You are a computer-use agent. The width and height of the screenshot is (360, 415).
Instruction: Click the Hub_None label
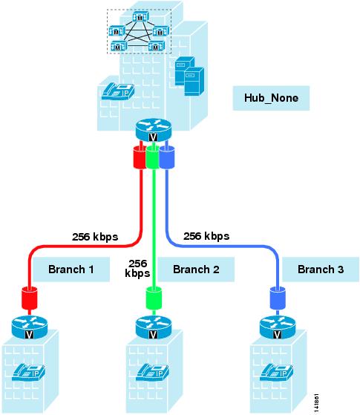coord(271,98)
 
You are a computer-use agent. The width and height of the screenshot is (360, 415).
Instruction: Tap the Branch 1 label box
coord(71,269)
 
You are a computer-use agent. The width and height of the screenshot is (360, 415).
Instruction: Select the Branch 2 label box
coord(196,269)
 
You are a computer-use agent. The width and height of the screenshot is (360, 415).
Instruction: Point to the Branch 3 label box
coord(321,269)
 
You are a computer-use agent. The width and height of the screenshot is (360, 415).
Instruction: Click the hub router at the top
coord(153,130)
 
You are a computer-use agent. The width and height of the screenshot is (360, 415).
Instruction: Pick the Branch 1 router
coord(30,327)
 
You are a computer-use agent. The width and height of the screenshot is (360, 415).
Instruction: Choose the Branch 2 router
coord(153,327)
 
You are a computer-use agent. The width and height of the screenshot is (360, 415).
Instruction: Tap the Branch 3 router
coord(278,327)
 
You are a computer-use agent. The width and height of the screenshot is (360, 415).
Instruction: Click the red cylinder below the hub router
coord(140,157)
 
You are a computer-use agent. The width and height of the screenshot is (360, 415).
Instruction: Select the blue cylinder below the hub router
coord(167,157)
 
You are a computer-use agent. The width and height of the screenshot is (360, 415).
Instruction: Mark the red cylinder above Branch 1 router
coord(29,298)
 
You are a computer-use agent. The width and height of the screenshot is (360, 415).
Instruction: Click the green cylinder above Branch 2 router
coord(154,298)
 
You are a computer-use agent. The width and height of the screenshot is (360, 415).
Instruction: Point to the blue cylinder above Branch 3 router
coord(278,298)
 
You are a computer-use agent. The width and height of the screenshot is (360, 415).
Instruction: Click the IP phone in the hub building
coord(118,91)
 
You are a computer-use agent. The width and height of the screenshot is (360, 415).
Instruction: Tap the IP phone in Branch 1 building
coord(29,372)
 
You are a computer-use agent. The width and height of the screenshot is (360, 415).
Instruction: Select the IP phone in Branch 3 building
coord(276,372)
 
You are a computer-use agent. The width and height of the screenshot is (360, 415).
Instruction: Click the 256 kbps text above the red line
coord(95,237)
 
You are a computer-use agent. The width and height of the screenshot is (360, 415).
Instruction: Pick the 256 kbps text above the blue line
coord(206,236)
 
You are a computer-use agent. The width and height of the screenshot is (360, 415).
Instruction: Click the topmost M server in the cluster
coord(140,17)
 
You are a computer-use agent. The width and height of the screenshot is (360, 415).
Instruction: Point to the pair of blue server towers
coord(189,76)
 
